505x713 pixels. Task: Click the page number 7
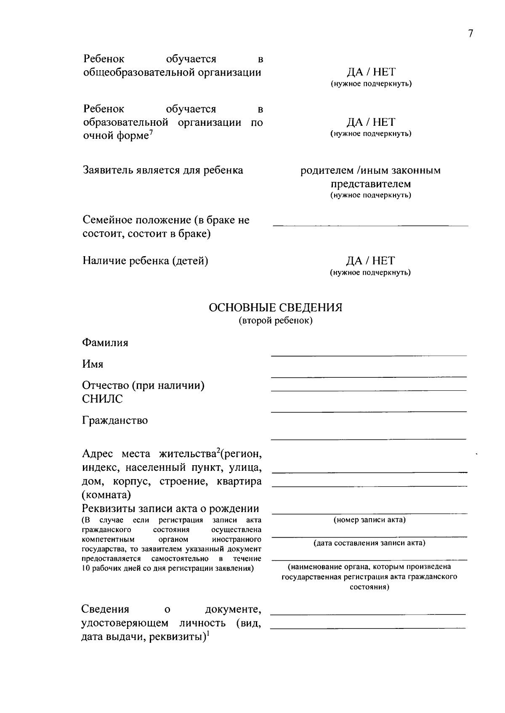tap(470, 34)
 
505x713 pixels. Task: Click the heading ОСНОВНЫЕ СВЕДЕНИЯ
tap(276, 307)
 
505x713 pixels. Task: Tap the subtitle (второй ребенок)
tap(276, 321)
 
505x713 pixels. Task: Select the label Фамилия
tap(105, 342)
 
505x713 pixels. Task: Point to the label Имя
tap(93, 364)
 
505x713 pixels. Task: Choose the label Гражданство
tap(115, 420)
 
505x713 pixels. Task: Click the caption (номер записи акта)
tap(369, 520)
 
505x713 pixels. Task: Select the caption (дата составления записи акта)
tap(369, 543)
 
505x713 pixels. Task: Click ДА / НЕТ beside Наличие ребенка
tap(370, 261)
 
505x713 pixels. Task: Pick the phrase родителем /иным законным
tap(370, 171)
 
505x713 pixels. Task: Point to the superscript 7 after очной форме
tap(151, 133)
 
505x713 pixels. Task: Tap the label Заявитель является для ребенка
tap(163, 170)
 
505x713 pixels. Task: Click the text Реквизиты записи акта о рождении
tap(170, 509)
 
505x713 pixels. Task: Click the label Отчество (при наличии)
tap(143, 385)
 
